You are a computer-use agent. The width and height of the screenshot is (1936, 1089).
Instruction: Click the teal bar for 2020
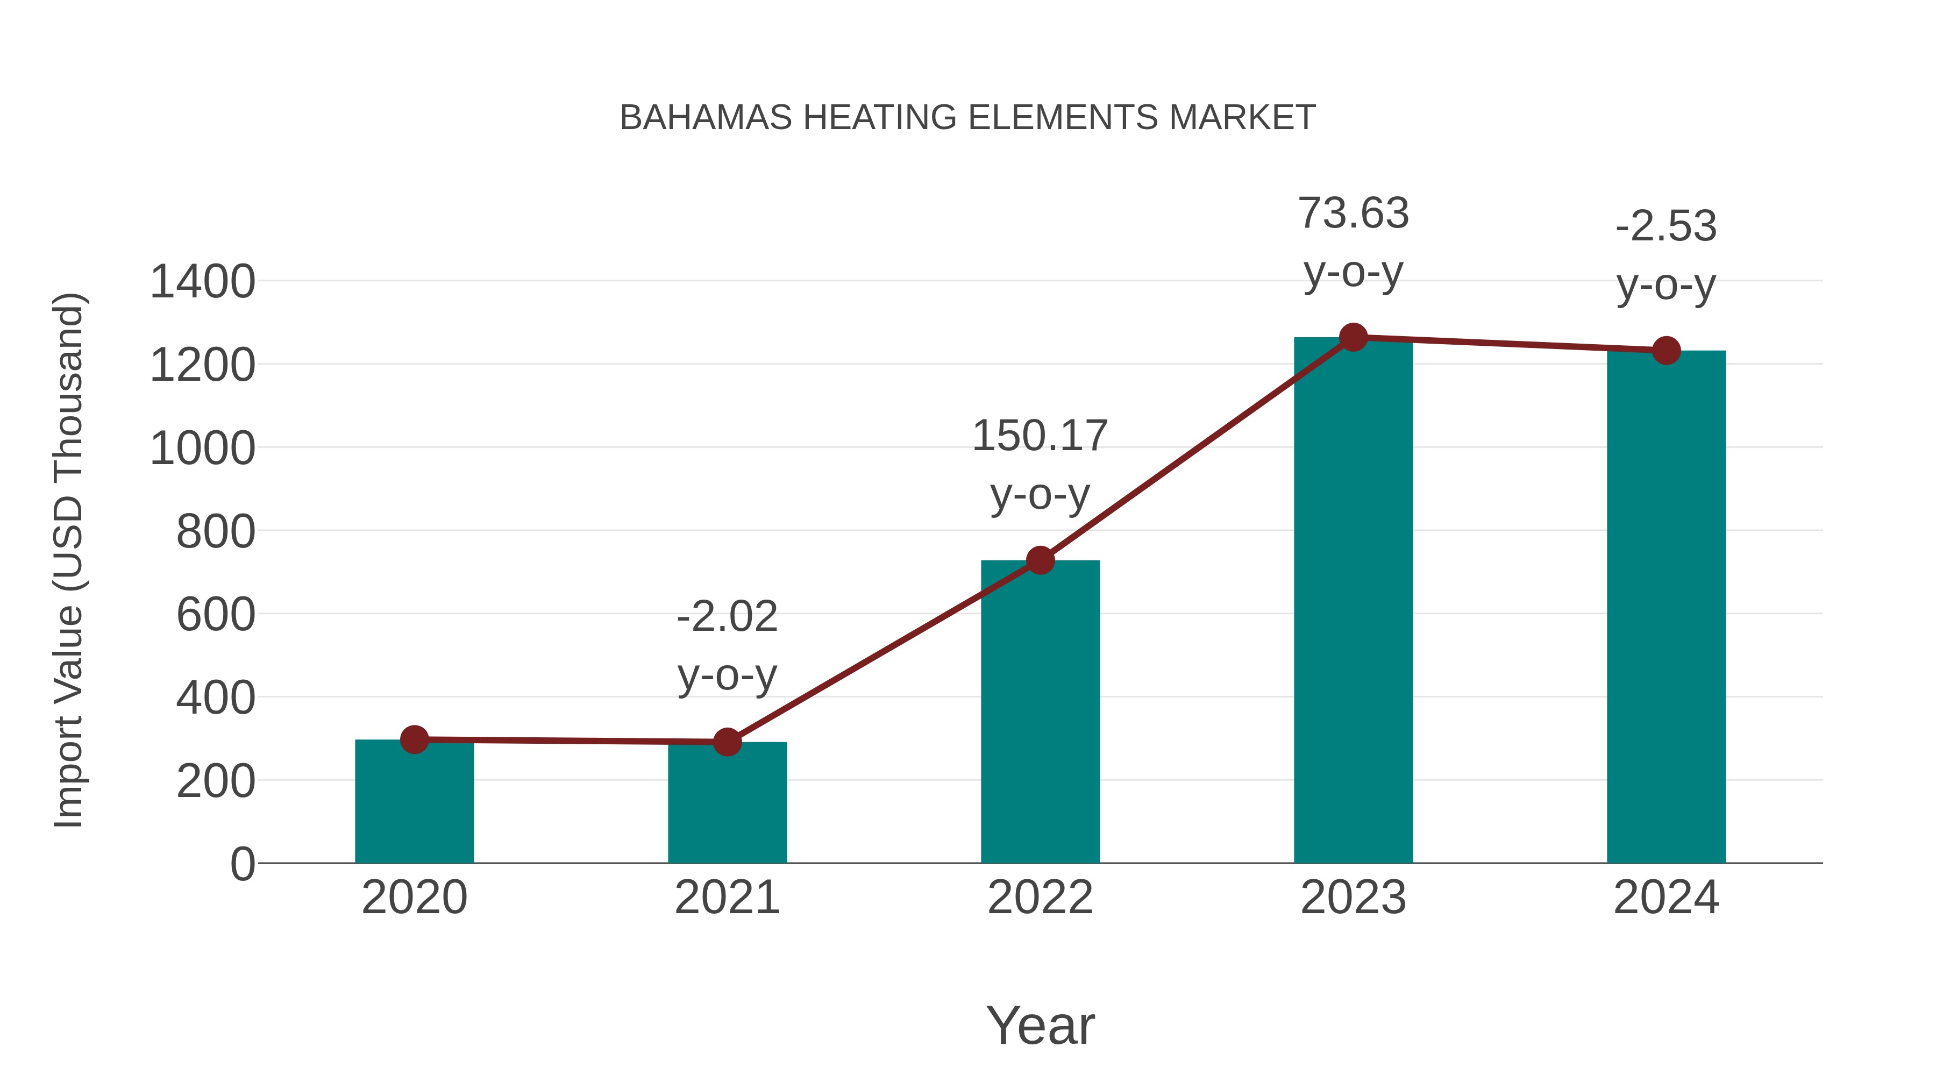coord(414,803)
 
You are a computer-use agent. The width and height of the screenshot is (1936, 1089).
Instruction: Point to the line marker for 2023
coord(1353,337)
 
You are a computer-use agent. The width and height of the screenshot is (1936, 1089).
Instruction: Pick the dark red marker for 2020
coord(414,739)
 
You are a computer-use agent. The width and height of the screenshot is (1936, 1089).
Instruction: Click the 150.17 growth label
coord(1040,437)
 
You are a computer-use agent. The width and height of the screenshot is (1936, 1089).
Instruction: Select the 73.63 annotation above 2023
coord(1353,213)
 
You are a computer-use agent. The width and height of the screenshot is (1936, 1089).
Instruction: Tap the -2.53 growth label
coord(1666,227)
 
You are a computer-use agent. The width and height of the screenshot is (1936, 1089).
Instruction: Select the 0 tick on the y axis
coord(242,864)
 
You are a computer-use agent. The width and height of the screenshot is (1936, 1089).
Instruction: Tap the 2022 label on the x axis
coord(1040,898)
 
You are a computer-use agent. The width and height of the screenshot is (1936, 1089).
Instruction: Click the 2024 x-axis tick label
coord(1666,898)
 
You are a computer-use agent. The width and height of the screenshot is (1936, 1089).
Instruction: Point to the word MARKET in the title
coord(1242,118)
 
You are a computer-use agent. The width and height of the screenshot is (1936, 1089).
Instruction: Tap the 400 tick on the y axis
coord(216,698)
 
